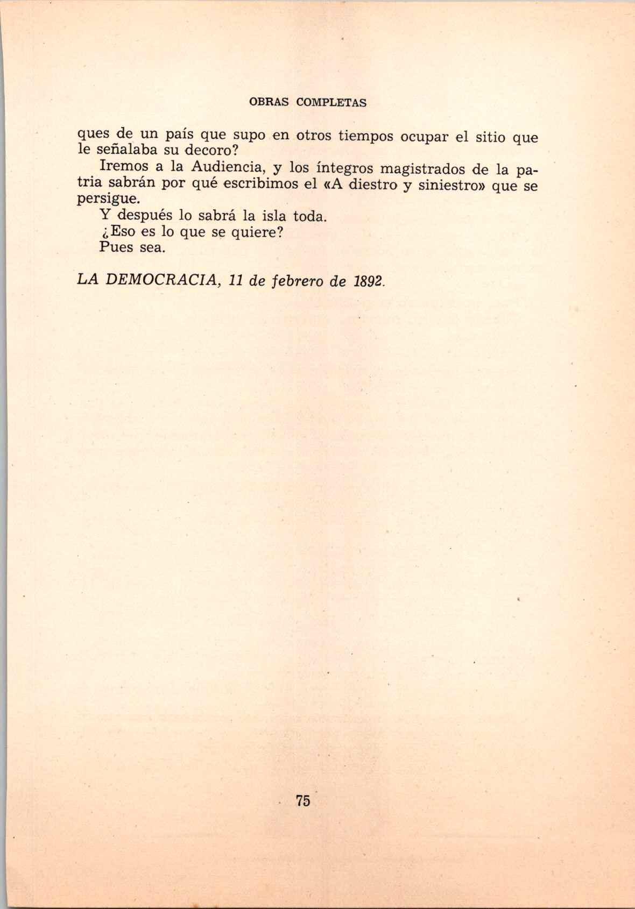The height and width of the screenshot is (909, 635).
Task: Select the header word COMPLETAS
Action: click(331, 102)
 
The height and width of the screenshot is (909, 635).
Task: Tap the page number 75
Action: click(302, 800)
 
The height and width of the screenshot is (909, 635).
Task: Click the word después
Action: click(144, 216)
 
